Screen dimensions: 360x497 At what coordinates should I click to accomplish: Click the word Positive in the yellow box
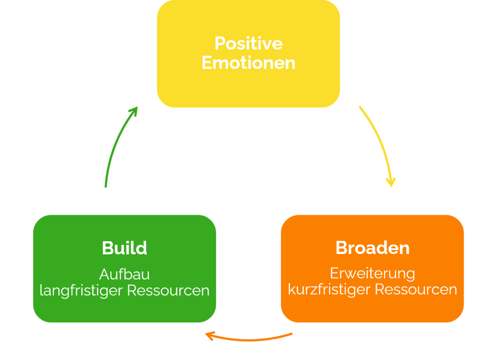tap(248, 43)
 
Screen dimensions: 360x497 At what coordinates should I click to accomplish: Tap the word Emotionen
tap(248, 63)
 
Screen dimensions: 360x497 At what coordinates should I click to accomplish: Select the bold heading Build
tap(124, 248)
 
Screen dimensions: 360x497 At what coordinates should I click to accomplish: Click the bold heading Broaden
tap(372, 248)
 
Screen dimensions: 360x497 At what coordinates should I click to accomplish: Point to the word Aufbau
tap(124, 274)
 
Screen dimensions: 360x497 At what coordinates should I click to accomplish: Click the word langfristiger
tap(82, 290)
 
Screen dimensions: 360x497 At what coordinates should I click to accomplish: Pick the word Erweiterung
tap(372, 273)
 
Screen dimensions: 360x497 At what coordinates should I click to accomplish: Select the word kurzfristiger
tap(329, 290)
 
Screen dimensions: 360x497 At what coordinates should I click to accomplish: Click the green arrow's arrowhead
tap(135, 110)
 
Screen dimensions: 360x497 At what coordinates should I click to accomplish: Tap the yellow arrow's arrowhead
tap(391, 183)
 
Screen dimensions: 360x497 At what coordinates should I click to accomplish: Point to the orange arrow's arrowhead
tap(209, 335)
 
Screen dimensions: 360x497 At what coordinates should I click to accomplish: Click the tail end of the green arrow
tap(106, 186)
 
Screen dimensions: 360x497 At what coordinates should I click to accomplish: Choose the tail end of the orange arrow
tap(292, 333)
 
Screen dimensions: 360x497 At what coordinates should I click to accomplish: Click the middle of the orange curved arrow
tap(248, 341)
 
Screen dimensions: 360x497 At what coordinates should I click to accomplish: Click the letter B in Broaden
tap(342, 248)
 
